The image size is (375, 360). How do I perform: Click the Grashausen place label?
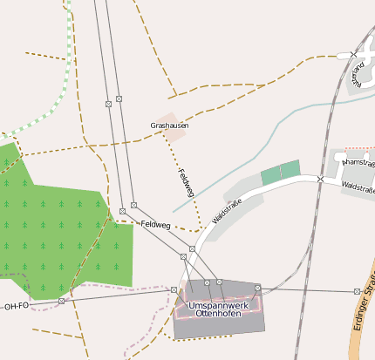pyautogui.click(x=170, y=126)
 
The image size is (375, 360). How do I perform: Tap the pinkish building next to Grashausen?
pyautogui.click(x=173, y=126)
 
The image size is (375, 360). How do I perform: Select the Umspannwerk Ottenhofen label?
pyautogui.click(x=220, y=310)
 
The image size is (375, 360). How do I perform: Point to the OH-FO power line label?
pyautogui.click(x=16, y=306)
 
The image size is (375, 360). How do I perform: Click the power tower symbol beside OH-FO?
pyautogui.click(x=62, y=302)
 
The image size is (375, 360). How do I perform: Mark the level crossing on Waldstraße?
pyautogui.click(x=321, y=179)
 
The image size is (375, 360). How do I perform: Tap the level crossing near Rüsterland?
pyautogui.click(x=353, y=55)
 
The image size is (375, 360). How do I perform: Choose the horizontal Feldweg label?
pyautogui.click(x=154, y=224)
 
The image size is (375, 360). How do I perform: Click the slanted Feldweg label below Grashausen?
pyautogui.click(x=186, y=181)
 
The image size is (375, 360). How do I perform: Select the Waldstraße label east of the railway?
pyautogui.click(x=358, y=187)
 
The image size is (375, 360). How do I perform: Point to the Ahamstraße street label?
pyautogui.click(x=359, y=162)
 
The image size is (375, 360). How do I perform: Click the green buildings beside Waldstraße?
pyautogui.click(x=280, y=172)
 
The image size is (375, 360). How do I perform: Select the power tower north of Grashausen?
pyautogui.click(x=108, y=103)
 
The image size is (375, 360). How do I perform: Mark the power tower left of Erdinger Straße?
pyautogui.click(x=357, y=291)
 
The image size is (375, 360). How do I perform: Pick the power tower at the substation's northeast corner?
pyautogui.click(x=258, y=288)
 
